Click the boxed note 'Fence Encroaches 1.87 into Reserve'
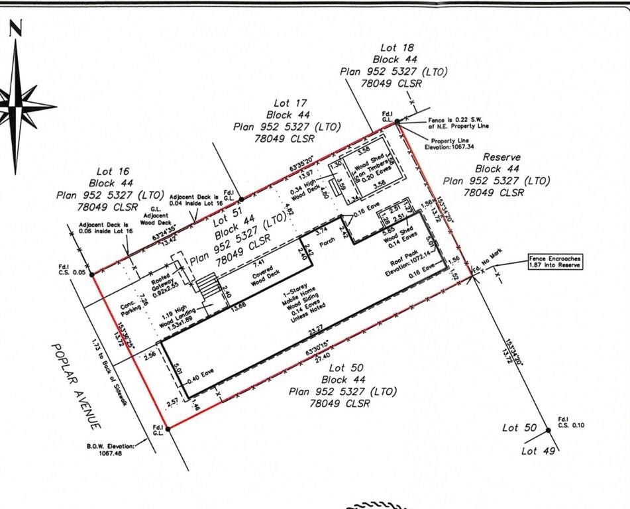tap(555, 261)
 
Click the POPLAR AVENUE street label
tap(78, 385)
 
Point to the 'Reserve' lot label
tap(501, 158)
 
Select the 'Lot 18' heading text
tap(398, 48)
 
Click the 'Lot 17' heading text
tap(291, 103)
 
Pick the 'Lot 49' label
tap(537, 451)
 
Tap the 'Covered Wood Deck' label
tap(250, 276)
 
